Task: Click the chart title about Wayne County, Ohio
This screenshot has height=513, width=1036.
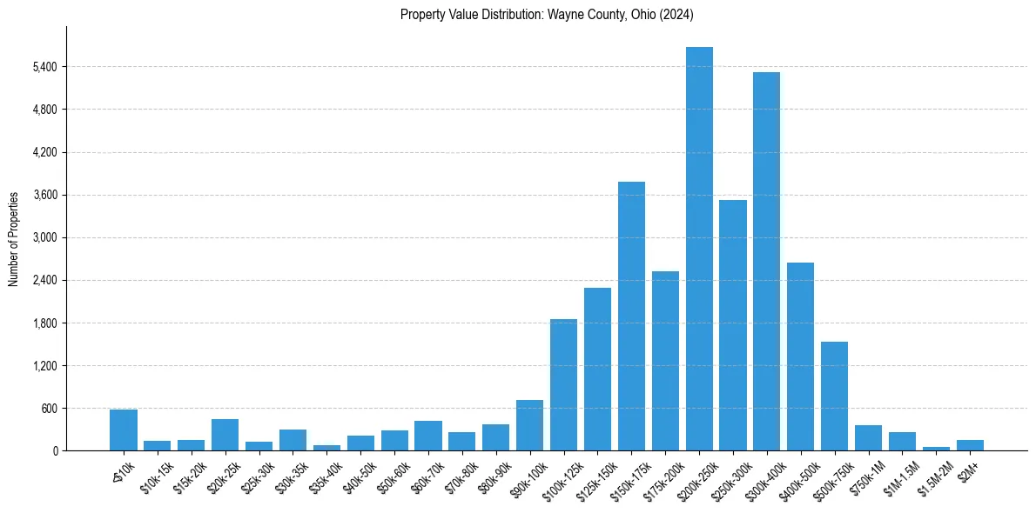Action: coord(547,15)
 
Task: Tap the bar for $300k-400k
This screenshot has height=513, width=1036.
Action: coord(767,261)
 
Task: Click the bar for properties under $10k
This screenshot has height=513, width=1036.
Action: coord(124,430)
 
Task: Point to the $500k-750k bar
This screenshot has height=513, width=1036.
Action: coord(834,396)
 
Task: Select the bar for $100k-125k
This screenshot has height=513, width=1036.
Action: coord(563,384)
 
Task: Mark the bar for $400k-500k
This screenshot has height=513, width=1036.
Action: coord(800,356)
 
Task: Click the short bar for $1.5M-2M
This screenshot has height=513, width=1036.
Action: coord(936,449)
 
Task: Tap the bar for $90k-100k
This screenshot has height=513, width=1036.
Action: coord(529,425)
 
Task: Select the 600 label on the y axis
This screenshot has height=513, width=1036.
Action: coord(49,409)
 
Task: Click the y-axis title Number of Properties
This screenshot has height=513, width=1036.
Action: coord(14,238)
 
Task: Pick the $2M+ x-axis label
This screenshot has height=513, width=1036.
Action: coord(967,469)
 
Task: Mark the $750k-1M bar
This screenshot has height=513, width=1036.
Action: coord(868,437)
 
